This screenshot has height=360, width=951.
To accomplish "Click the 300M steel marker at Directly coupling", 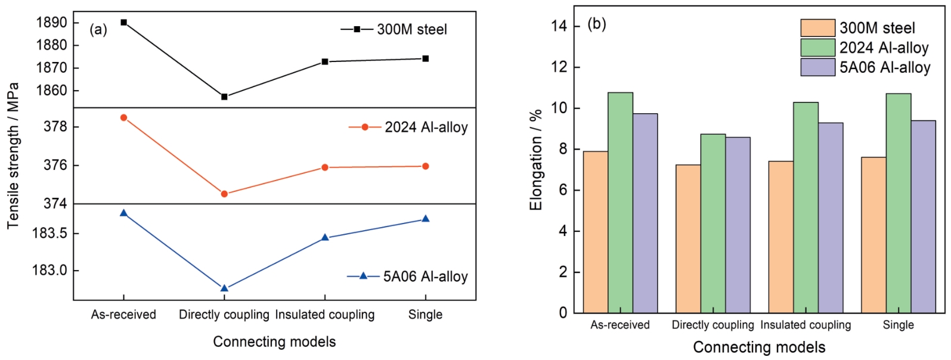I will pyautogui.click(x=224, y=97).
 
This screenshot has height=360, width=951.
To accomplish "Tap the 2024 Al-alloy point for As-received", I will pyautogui.click(x=123, y=117).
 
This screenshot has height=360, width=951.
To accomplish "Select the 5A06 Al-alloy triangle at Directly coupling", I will pyautogui.click(x=224, y=288).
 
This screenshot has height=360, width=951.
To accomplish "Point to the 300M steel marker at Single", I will pyautogui.click(x=426, y=58).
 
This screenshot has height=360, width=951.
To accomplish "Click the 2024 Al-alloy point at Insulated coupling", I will pyautogui.click(x=325, y=167).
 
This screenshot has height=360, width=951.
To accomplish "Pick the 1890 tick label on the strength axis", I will pyautogui.click(x=52, y=23).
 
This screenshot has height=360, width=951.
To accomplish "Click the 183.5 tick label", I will pyautogui.click(x=49, y=233).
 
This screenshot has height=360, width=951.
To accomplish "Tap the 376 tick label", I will pyautogui.click(x=55, y=165).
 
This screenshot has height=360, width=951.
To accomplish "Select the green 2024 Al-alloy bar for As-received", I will pyautogui.click(x=620, y=203).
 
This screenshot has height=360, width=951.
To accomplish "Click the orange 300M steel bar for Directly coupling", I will pyautogui.click(x=688, y=238).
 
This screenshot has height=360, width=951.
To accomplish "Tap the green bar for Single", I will pyautogui.click(x=898, y=203).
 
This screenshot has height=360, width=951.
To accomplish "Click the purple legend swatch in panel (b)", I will pyautogui.click(x=817, y=67).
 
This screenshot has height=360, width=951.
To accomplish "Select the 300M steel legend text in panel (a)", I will pyautogui.click(x=412, y=29).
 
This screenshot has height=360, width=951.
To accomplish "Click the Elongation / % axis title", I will pyautogui.click(x=536, y=160).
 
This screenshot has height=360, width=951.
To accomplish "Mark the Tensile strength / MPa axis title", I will pyautogui.click(x=13, y=156).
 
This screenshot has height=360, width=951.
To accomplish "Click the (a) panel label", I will pyautogui.click(x=98, y=29).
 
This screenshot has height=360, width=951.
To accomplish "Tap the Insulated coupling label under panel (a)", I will pyautogui.click(x=325, y=315).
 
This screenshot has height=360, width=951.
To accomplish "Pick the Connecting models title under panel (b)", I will pyautogui.click(x=759, y=347).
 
